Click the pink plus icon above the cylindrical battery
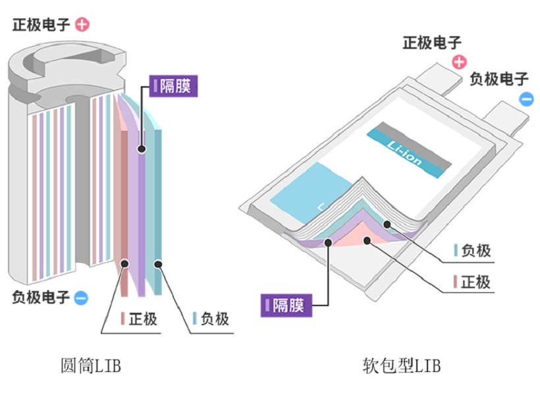[x=82, y=25]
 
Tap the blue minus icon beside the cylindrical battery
[x=80, y=298]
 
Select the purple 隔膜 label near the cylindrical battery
[x=173, y=86]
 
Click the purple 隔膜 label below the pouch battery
[x=285, y=305]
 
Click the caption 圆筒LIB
[x=91, y=365]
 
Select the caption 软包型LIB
[x=401, y=365]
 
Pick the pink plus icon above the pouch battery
[x=459, y=62]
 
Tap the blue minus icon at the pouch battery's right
[x=526, y=99]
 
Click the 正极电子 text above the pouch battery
[x=433, y=43]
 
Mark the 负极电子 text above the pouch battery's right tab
[x=499, y=80]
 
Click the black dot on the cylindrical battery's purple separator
[x=141, y=150]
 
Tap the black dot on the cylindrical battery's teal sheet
[x=158, y=265]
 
